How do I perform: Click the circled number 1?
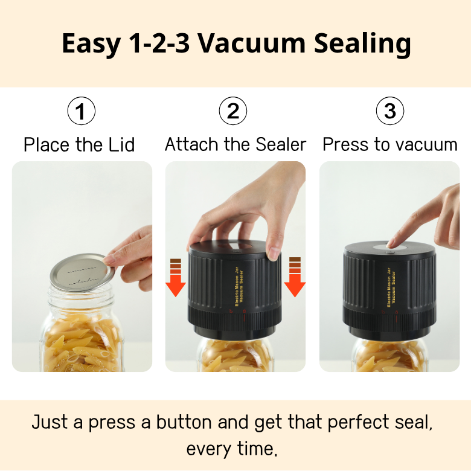pos(81,111)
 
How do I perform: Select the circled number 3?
pos(389,111)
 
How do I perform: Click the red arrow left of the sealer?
pos(175,281)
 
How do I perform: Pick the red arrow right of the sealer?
pos(295,281)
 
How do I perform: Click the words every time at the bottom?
pos(235,449)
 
